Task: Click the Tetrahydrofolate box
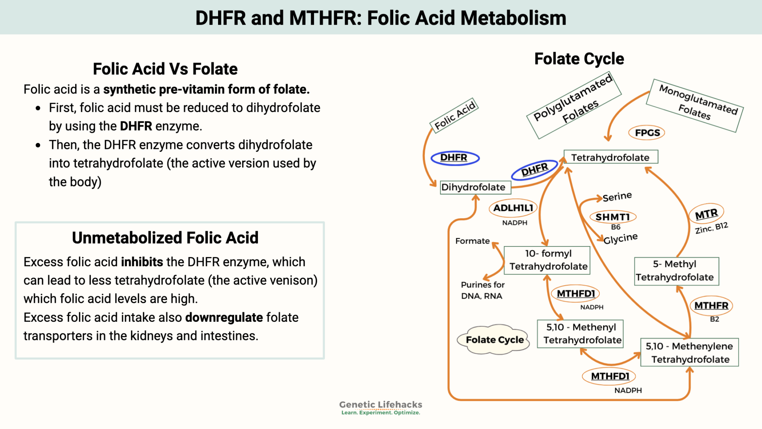611,157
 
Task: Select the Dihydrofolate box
475,187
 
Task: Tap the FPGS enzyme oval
647,133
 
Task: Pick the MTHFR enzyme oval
711,305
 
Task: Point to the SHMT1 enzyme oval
612,217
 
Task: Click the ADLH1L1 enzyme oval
513,208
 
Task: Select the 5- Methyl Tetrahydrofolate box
676,271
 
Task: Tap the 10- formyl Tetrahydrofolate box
547,260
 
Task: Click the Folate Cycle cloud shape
494,340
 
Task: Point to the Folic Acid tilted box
454,115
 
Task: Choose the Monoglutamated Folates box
695,105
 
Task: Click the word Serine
617,196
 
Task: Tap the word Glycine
620,238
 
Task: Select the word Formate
472,241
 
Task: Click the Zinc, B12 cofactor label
711,228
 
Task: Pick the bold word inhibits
142,262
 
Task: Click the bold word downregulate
224,317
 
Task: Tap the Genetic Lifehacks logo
381,407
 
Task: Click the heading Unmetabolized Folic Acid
165,238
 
